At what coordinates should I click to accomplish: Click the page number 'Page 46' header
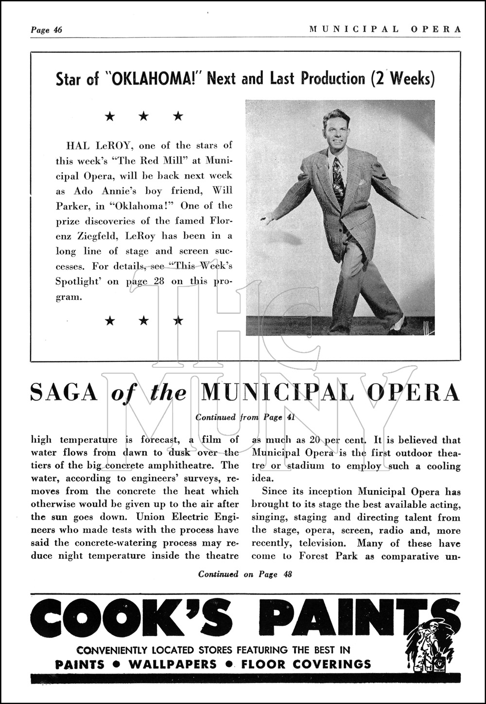tap(46, 30)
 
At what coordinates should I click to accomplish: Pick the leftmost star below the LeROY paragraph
tap(110, 320)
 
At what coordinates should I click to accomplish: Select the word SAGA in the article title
tap(64, 393)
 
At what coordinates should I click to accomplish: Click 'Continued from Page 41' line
tap(245, 417)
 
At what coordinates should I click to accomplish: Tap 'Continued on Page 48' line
tap(245, 574)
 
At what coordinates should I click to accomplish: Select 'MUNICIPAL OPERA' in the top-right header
tap(385, 29)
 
